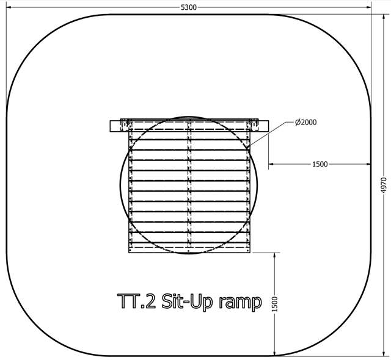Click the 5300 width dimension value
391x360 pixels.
click(189, 7)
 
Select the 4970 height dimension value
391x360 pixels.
click(384, 185)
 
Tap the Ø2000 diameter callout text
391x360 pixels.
click(305, 122)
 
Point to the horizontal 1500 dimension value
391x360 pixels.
click(320, 164)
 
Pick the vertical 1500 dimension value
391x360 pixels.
click(274, 304)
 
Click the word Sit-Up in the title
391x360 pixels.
click(187, 301)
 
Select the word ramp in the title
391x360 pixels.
click(240, 303)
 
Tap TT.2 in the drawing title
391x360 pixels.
click(136, 301)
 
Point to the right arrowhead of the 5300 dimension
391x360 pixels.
click(368, 7)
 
